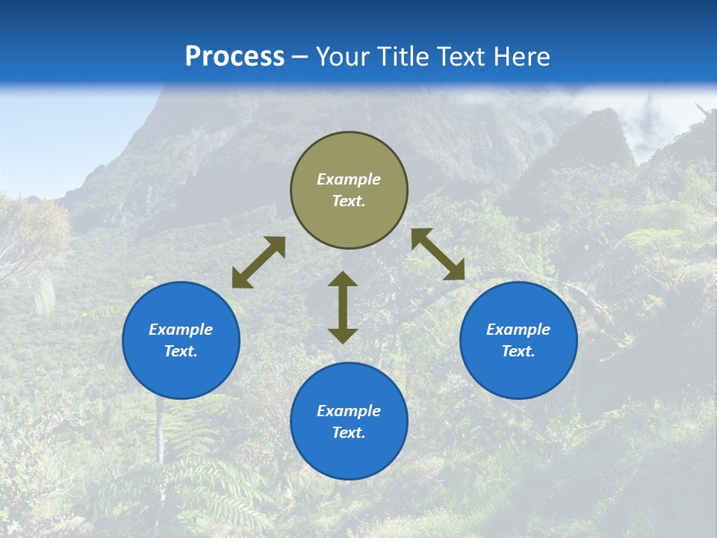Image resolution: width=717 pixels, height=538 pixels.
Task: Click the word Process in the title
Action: click(235, 57)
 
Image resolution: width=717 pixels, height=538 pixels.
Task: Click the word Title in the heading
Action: click(402, 57)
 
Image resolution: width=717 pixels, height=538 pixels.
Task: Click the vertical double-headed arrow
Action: click(343, 308)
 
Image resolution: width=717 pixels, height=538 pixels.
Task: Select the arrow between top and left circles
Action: click(258, 262)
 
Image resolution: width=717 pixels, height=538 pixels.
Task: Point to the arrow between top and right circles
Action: click(438, 254)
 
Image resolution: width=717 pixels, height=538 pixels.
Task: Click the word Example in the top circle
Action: click(349, 179)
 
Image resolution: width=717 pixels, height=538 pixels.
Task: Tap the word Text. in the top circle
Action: click(349, 201)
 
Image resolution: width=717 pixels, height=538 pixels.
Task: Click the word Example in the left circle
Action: click(181, 330)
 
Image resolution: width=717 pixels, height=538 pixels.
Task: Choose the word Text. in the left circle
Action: click(181, 351)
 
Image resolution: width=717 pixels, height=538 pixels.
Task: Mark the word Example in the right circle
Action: click(518, 330)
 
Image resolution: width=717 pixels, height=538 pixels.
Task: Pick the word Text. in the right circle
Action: click(518, 351)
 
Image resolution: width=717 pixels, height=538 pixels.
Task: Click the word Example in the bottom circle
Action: click(349, 411)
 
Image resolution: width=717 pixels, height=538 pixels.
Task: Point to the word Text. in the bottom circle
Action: click(349, 433)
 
